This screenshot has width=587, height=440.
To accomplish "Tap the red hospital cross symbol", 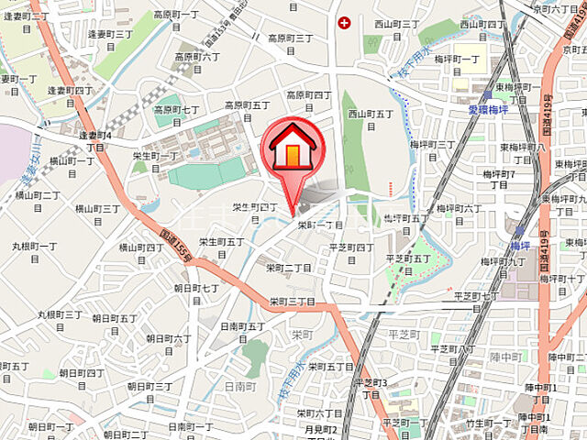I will [x=344, y=22].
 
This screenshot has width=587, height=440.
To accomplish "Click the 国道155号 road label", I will [x=173, y=244].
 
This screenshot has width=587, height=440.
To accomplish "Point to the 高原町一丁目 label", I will [x=176, y=20].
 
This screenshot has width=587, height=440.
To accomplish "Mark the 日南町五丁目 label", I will [x=243, y=331].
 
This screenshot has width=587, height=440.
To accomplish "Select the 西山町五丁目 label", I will [x=370, y=120].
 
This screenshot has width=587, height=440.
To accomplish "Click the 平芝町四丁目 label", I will [x=351, y=253].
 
